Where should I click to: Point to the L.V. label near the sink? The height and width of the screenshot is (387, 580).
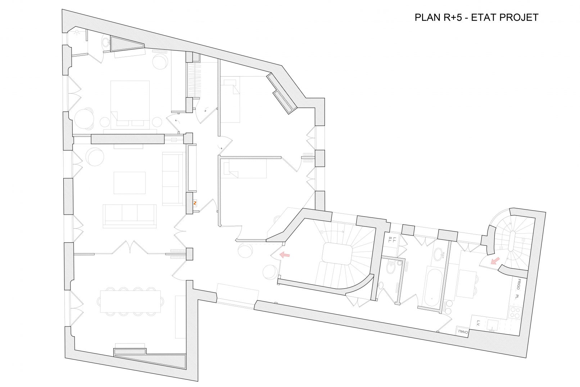(478, 323)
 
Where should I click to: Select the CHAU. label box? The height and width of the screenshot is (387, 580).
(462, 332)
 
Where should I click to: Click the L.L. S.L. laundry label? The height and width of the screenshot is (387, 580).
(395, 240)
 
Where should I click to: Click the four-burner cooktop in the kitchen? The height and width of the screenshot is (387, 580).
(515, 312)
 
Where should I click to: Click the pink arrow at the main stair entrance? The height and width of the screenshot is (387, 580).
(285, 255)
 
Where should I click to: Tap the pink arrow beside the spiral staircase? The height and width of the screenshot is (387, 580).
(495, 260)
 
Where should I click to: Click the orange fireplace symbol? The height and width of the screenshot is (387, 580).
(195, 203)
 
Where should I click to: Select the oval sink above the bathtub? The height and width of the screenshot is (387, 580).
(438, 254)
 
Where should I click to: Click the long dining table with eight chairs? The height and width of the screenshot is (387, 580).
(130, 302)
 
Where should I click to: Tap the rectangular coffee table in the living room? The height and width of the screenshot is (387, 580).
(130, 183)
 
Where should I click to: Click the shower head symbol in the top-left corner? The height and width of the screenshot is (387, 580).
(77, 33)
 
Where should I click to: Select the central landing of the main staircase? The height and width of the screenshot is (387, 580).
(337, 253)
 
